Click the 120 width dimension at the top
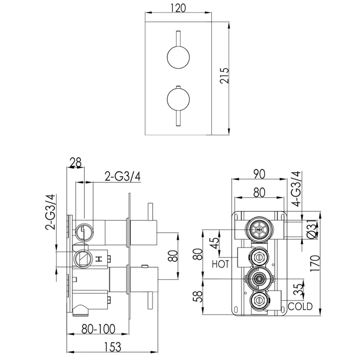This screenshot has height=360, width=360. (178, 8)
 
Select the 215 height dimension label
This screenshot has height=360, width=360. (224, 76)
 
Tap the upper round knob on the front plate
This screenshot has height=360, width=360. (178, 57)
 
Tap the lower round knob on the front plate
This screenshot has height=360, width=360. (178, 99)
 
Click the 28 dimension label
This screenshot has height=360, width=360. (76, 162)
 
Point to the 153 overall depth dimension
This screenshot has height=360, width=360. (112, 347)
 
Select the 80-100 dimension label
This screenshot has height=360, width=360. (98, 329)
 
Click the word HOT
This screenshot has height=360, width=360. (220, 264)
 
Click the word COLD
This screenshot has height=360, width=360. (300, 306)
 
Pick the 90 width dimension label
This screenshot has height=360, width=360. (259, 174)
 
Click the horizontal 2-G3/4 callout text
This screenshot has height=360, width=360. (122, 176)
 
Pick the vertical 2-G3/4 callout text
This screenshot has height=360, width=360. (50, 212)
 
